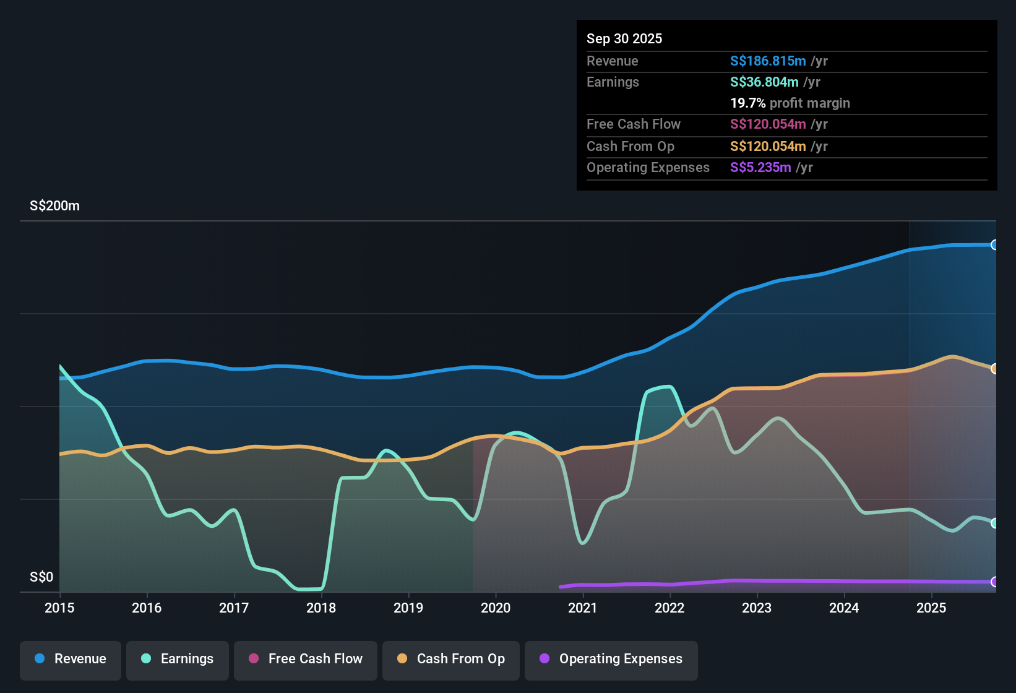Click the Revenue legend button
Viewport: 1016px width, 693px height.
[x=71, y=659]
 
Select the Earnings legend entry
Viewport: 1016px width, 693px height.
[x=178, y=659]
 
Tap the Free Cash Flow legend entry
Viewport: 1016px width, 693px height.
[x=306, y=659]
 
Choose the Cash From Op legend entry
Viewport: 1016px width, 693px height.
[x=451, y=659]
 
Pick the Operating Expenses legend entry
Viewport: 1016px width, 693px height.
[x=611, y=659]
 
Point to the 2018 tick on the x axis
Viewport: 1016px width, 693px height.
[x=321, y=608]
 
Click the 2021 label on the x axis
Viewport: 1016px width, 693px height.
[x=582, y=608]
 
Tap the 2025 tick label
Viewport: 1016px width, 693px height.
[x=931, y=608]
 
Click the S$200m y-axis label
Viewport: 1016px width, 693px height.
[x=54, y=206]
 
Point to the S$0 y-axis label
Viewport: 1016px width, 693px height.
[x=41, y=577]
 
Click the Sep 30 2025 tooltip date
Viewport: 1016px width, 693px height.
[x=624, y=39]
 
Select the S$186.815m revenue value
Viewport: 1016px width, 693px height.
[x=767, y=61]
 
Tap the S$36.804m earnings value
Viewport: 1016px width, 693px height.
[x=764, y=82]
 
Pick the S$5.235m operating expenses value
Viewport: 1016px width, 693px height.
[x=760, y=168]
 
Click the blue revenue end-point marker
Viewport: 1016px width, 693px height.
[x=994, y=245]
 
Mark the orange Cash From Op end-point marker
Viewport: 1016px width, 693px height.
[x=994, y=369]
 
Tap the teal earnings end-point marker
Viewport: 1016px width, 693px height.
[x=994, y=523]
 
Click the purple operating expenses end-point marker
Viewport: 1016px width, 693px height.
[x=994, y=582]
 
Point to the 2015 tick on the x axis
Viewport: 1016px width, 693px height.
[x=59, y=608]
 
